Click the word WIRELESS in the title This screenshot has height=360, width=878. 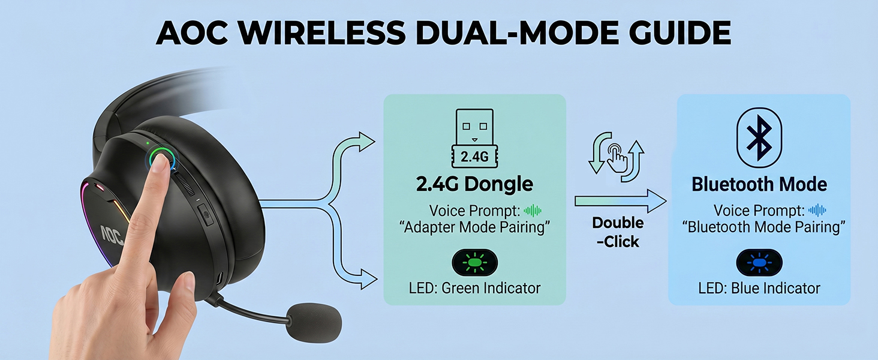click(x=322, y=32)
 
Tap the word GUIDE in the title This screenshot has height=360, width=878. click(x=679, y=32)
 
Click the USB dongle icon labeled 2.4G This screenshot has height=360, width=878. click(x=474, y=138)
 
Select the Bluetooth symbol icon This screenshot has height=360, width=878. click(x=759, y=137)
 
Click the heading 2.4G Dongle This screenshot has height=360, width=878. click(x=474, y=184)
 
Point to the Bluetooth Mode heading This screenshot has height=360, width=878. click(x=759, y=184)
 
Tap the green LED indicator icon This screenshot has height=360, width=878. click(x=474, y=262)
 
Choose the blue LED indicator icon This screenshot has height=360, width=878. click(x=759, y=262)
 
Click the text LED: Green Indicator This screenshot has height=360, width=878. click(x=474, y=288)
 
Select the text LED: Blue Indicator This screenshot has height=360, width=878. click(x=759, y=288)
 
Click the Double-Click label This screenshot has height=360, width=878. click(x=618, y=232)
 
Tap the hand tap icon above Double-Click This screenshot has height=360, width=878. click(x=617, y=157)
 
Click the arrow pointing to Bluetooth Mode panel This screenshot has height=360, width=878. click(x=621, y=201)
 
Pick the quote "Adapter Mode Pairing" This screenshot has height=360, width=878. click(x=474, y=227)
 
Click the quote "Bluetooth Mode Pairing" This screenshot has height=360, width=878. click(x=763, y=227)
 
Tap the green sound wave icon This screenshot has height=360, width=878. click(x=533, y=211)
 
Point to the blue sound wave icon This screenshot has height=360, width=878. click(x=817, y=211)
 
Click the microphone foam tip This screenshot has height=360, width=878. click(x=313, y=322)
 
